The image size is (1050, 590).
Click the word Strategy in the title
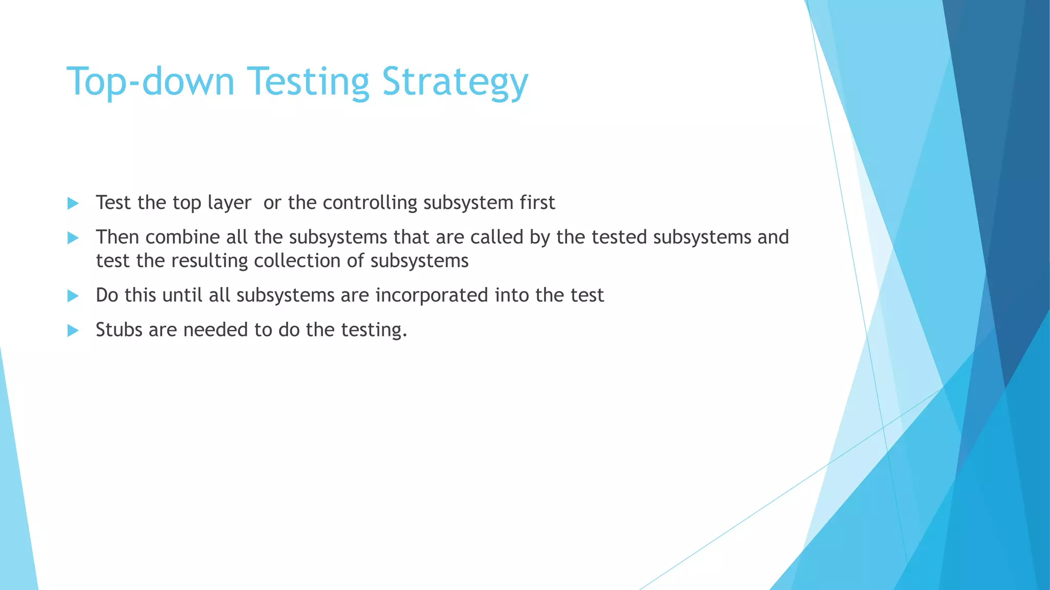[x=455, y=82]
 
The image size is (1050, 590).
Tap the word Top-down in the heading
[x=150, y=82]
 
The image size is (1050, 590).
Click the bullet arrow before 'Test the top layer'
[x=73, y=203]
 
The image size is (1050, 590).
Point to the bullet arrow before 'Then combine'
[x=73, y=238]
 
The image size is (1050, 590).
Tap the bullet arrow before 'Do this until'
[x=73, y=296]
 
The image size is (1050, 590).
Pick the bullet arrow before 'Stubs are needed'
[x=73, y=330]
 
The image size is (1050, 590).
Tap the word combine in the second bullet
[x=182, y=237]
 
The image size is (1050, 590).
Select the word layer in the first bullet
[x=229, y=203]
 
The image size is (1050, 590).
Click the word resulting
[x=210, y=261]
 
